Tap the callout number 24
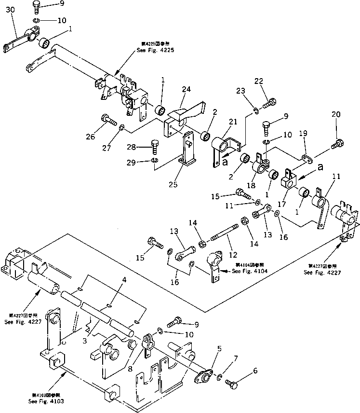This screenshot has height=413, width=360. pos(187,89)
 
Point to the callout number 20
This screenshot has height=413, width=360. pos(336,114)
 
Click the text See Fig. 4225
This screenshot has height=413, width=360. pos(155,51)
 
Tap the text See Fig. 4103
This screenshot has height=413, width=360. pos(45,401)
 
